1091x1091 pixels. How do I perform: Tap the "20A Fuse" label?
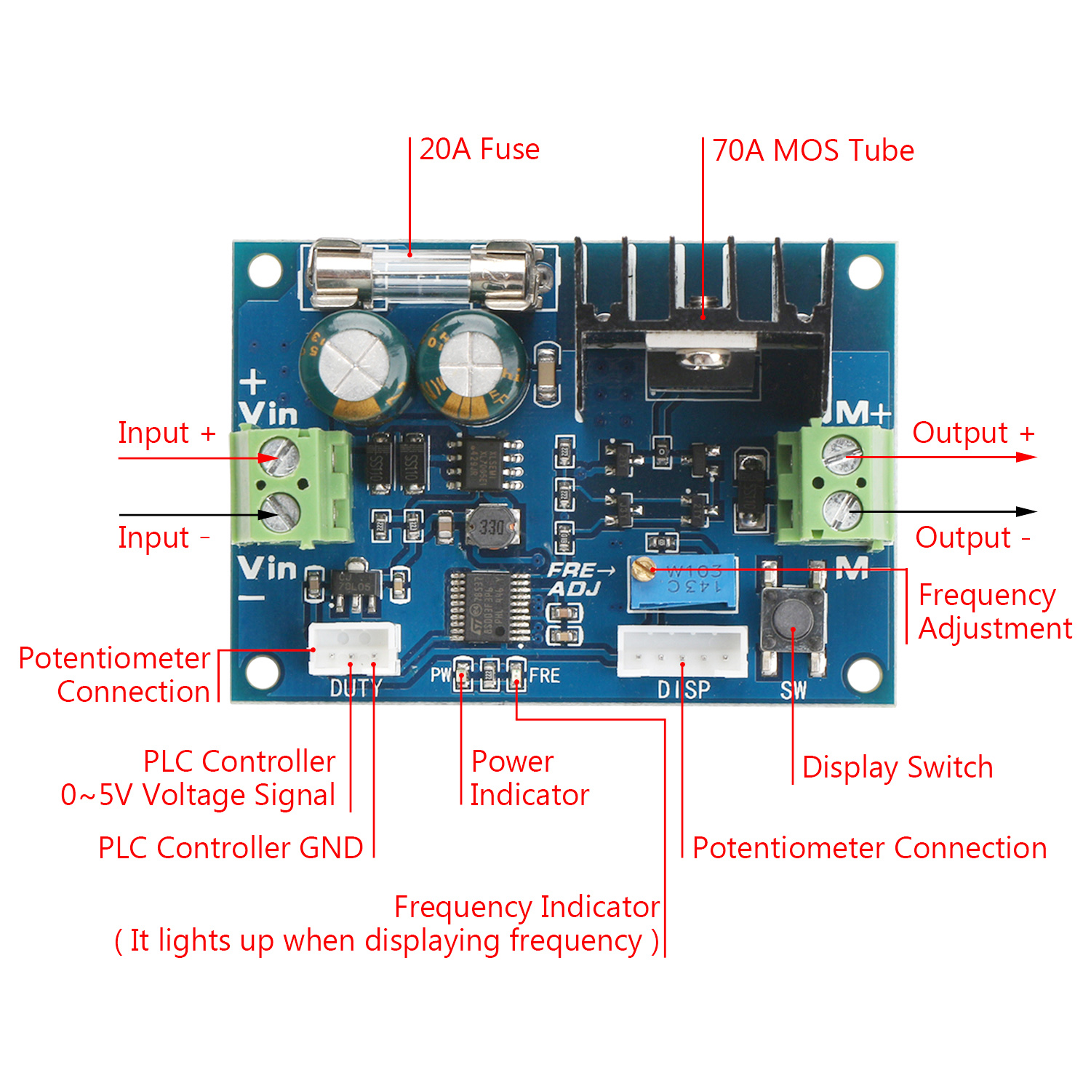click(x=479, y=150)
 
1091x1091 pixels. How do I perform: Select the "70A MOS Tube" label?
click(x=812, y=151)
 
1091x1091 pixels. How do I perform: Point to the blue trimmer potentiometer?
click(x=684, y=582)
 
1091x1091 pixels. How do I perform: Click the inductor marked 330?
click(x=492, y=527)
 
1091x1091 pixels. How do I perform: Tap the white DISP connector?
click(x=682, y=651)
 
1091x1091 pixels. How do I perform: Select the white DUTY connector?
click(x=354, y=648)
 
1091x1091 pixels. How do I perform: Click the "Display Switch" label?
click(x=897, y=768)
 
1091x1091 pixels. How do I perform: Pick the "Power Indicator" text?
click(x=529, y=778)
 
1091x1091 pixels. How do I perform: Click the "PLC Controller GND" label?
click(x=231, y=848)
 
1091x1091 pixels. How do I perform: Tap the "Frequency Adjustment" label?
click(x=994, y=612)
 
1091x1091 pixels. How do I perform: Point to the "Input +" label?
click(x=167, y=433)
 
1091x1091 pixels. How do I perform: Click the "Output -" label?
click(x=972, y=538)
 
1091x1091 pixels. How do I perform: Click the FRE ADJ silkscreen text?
click(x=578, y=579)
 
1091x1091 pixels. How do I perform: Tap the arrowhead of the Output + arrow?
click(x=1027, y=457)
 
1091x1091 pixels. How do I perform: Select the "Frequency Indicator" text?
click(x=527, y=907)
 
